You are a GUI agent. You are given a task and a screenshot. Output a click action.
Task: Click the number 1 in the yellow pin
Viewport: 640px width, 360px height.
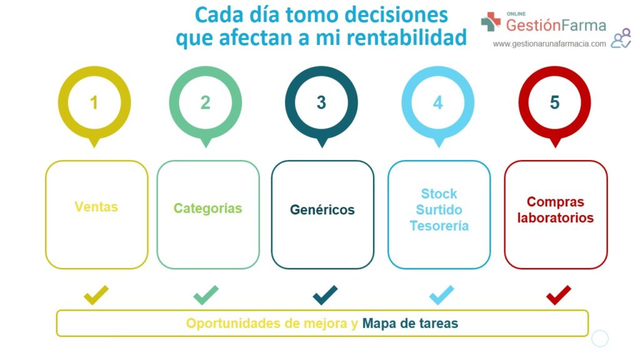(94, 103)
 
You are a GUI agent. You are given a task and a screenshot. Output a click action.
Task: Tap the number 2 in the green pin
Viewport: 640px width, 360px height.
(205, 103)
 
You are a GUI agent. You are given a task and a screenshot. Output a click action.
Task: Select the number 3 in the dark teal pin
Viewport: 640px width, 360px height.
(321, 103)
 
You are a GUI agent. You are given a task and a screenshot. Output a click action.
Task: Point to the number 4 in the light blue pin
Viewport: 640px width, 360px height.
(437, 103)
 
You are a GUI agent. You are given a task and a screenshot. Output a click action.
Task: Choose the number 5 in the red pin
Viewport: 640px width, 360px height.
(554, 103)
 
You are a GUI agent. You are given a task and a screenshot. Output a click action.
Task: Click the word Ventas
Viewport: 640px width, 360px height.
(96, 207)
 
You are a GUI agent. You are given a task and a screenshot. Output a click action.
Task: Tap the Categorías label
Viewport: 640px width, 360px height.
(207, 208)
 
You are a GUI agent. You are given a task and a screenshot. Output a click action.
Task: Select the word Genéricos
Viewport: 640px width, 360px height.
(322, 210)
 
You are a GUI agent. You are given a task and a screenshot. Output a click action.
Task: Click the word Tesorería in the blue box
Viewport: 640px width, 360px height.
(439, 226)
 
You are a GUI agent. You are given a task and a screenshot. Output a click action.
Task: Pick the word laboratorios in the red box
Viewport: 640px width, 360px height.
(556, 217)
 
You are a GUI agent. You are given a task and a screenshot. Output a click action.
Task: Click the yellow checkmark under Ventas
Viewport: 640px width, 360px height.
(96, 295)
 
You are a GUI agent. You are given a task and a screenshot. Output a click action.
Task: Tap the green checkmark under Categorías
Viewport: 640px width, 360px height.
(206, 295)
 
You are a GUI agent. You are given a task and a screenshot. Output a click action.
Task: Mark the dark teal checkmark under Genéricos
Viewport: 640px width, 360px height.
(325, 295)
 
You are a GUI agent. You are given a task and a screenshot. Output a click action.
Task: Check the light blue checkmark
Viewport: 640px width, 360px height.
(442, 295)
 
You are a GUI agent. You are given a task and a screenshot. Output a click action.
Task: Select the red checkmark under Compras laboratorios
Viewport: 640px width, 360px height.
(558, 295)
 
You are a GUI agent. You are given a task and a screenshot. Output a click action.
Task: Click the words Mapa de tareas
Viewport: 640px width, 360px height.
(410, 323)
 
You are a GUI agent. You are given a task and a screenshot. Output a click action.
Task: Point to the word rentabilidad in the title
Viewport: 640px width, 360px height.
(406, 37)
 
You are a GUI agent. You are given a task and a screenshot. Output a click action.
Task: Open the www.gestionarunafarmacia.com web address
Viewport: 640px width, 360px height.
(549, 44)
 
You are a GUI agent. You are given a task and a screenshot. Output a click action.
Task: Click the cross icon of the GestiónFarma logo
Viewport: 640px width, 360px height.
(491, 22)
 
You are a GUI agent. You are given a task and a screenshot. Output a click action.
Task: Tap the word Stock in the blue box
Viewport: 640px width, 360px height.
(439, 194)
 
